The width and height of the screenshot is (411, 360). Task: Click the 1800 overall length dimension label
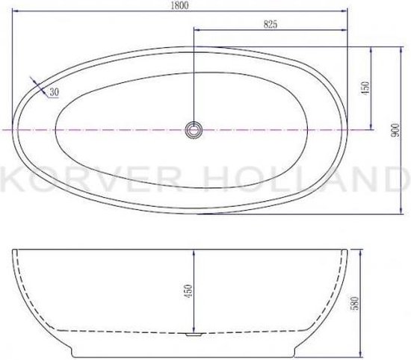click(179, 5)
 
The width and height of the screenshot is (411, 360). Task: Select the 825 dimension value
click(270, 25)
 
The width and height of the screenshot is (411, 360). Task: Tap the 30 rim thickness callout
click(55, 92)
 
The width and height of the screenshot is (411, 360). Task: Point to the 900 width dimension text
click(395, 130)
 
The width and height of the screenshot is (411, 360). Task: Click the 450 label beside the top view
click(365, 88)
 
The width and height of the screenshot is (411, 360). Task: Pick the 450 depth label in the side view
click(188, 291)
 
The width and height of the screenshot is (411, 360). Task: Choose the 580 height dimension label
click(354, 303)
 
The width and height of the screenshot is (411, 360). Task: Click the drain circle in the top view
click(194, 130)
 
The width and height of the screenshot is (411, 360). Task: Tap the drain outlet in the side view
click(194, 334)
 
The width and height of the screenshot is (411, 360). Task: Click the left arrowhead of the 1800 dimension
click(16, 11)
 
